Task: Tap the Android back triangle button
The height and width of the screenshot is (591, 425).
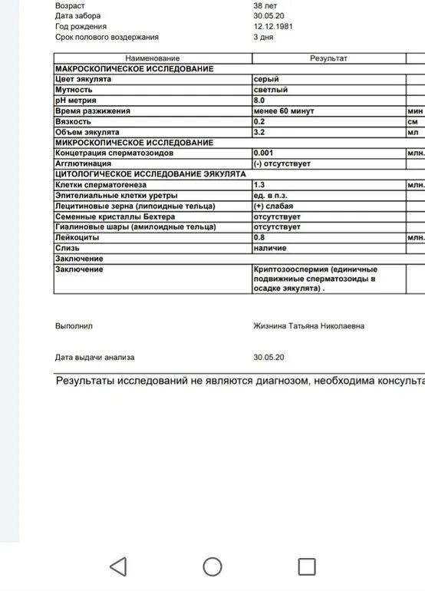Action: (117, 567)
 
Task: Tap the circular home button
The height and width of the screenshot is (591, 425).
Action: (212, 567)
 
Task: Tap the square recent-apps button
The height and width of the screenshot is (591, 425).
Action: (307, 567)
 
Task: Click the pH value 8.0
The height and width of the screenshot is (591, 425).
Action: (259, 101)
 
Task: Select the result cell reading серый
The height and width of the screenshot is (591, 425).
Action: (266, 79)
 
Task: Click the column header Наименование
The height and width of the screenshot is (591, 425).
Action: (153, 58)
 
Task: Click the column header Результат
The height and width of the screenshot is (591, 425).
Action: (328, 58)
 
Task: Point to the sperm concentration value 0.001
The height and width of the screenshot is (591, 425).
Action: (263, 154)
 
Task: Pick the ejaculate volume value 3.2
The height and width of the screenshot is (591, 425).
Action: (259, 132)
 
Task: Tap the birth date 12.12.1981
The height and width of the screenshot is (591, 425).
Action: (272, 26)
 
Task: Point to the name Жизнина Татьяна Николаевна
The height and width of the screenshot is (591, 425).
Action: (309, 326)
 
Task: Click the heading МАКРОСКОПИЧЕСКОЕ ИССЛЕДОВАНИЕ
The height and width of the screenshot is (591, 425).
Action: (134, 69)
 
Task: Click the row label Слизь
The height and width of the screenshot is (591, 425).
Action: (68, 249)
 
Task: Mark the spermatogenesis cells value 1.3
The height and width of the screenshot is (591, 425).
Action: (259, 185)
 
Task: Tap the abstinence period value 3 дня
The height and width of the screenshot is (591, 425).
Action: (264, 37)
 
